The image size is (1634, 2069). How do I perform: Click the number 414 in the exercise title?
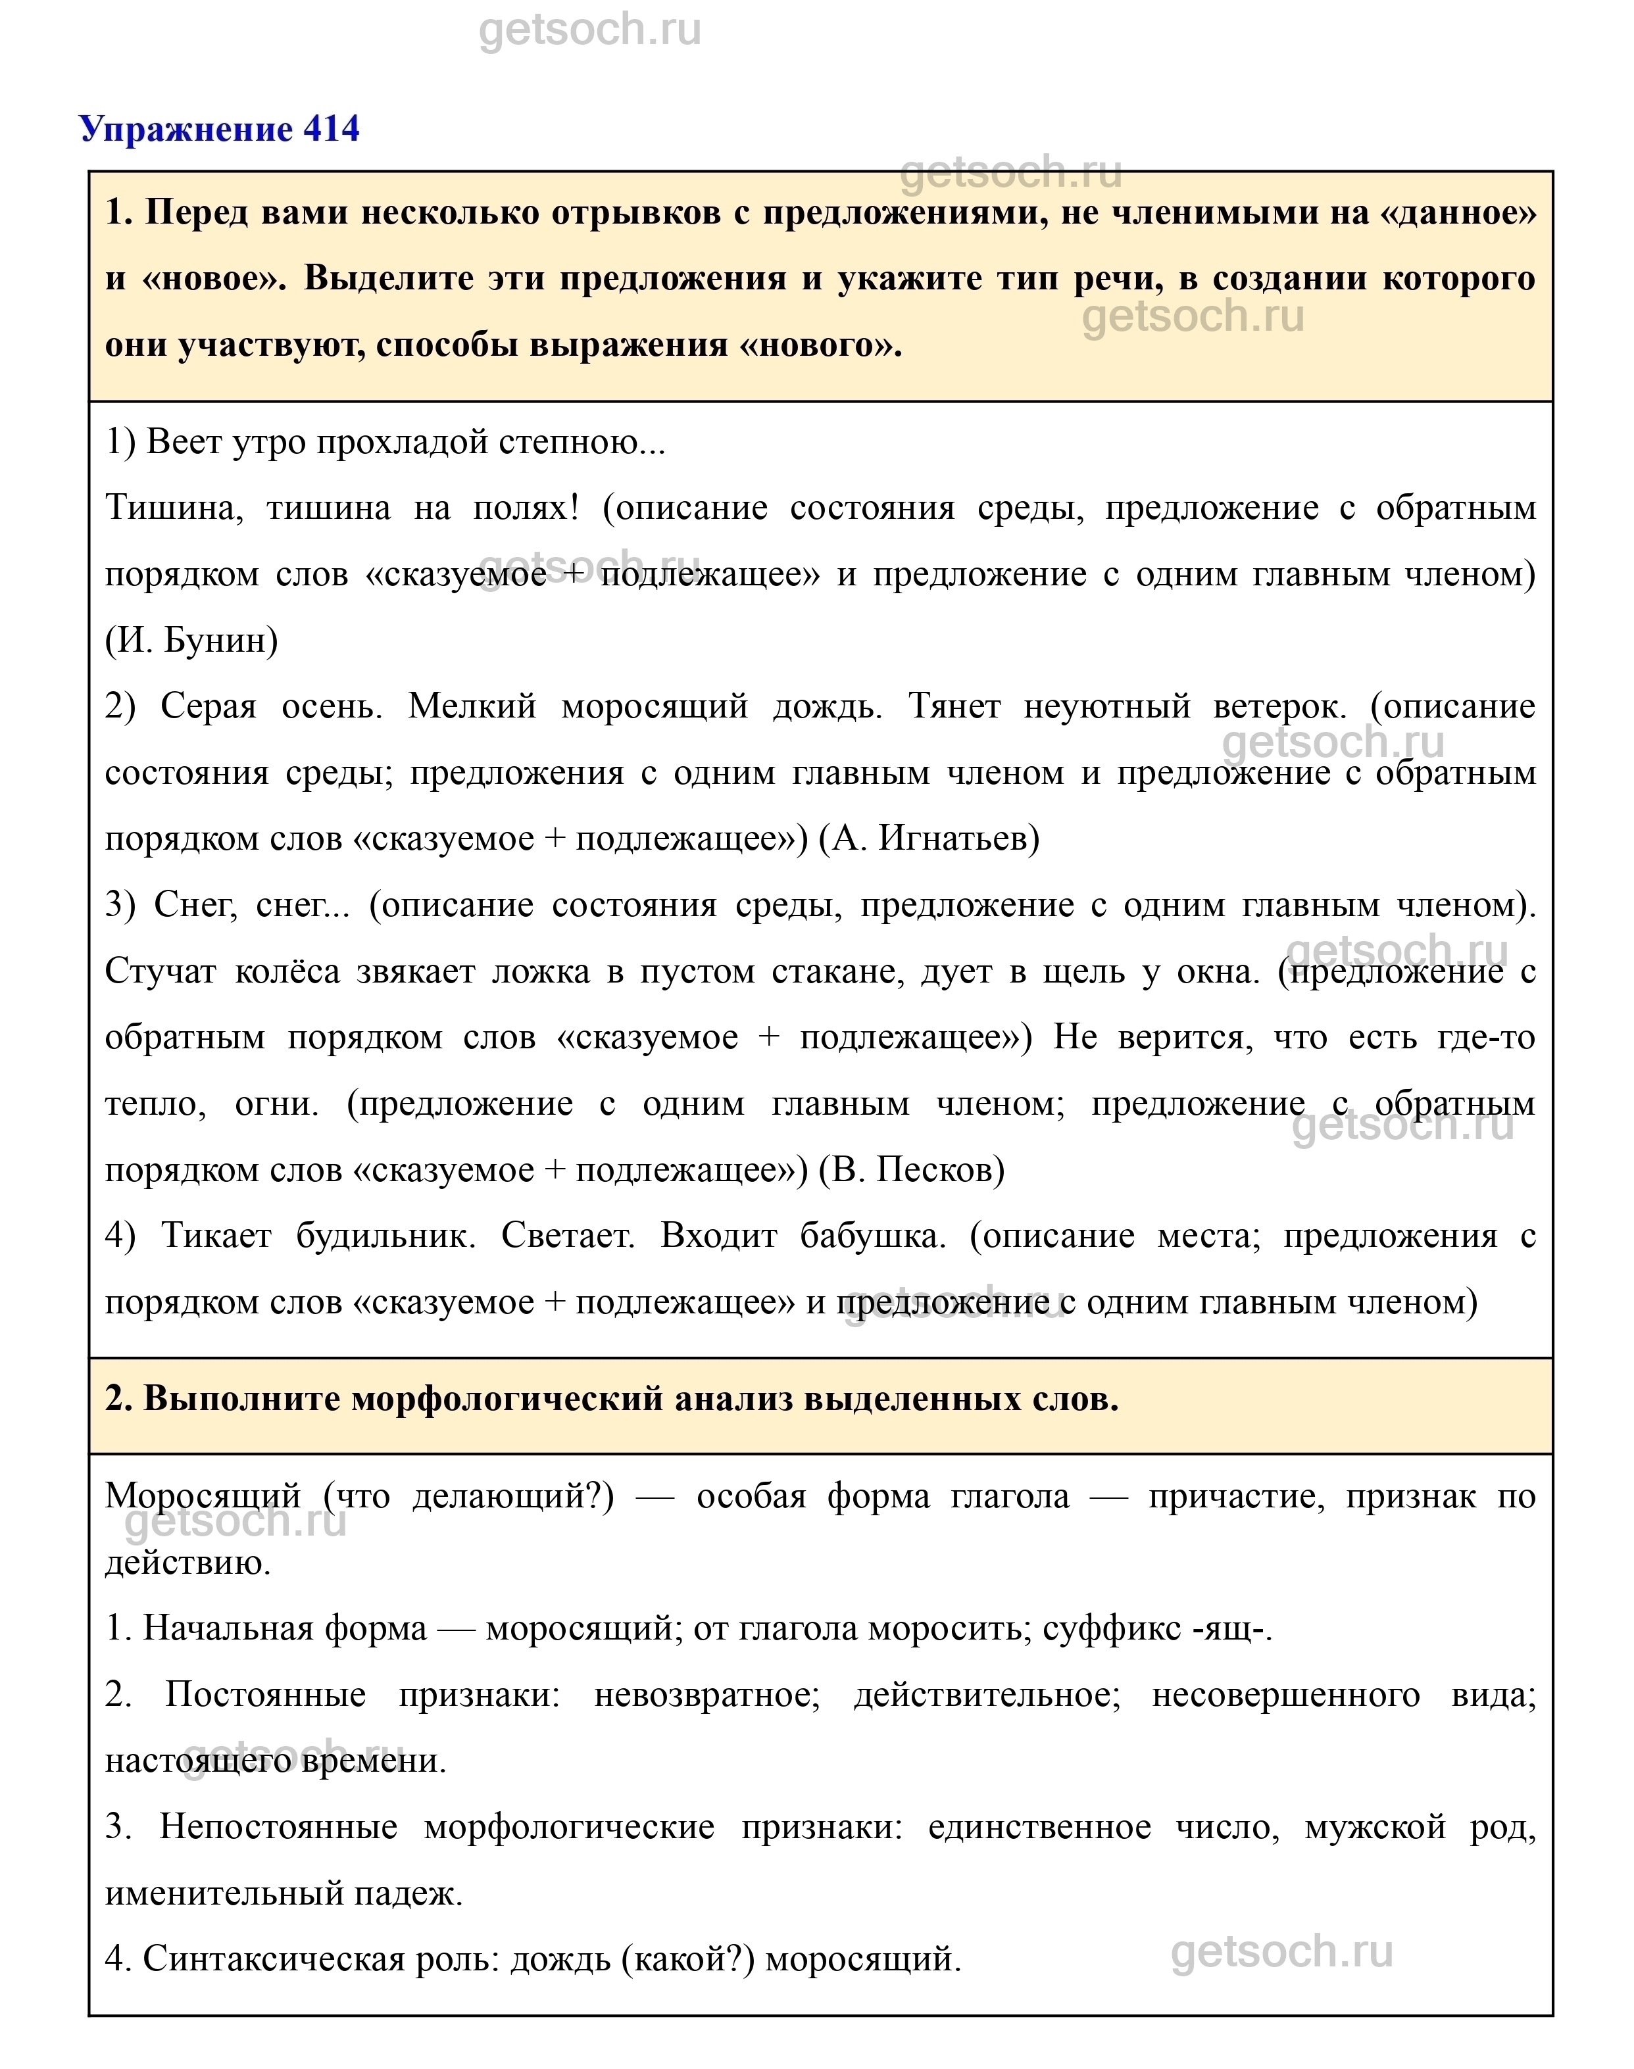click(331, 128)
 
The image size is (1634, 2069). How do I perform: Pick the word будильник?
click(385, 1236)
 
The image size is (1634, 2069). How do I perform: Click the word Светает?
click(567, 1236)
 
